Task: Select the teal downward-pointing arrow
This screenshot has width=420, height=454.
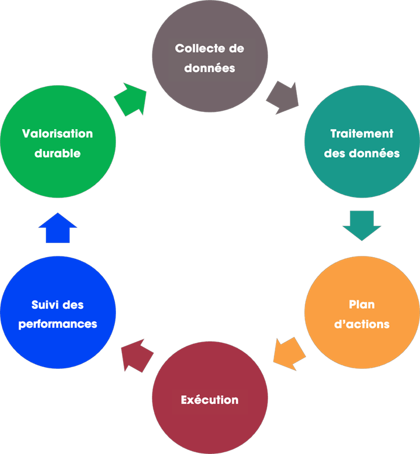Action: tap(362, 225)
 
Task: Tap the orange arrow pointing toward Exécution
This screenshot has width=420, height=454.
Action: tap(290, 353)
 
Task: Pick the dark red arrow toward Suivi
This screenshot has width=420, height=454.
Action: tap(137, 355)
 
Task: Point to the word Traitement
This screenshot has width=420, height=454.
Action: tap(362, 134)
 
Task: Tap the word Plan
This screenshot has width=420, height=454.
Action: tap(362, 305)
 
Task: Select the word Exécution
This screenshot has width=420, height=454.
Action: tap(209, 400)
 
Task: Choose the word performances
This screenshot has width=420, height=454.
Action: tap(58, 324)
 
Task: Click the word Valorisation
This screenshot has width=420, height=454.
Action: tap(58, 134)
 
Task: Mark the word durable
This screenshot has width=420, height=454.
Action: tap(58, 154)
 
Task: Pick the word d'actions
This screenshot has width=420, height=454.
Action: tap(362, 324)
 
